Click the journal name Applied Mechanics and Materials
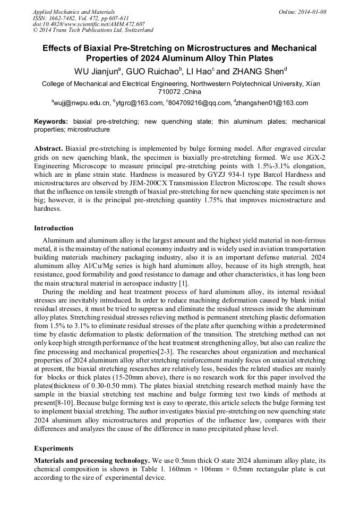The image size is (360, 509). pos(74,12)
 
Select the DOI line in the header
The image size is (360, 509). pos(89,24)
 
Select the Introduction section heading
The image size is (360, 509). pos(54,228)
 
